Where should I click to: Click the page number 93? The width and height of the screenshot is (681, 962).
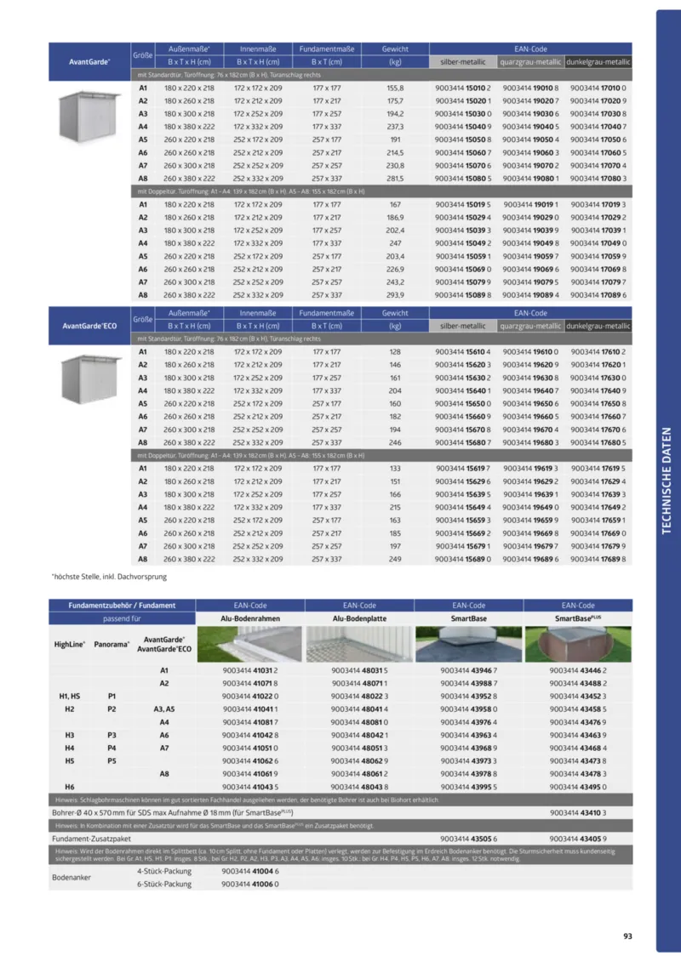pyautogui.click(x=627, y=936)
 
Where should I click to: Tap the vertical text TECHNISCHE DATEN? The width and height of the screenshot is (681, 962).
pyautogui.click(x=667, y=481)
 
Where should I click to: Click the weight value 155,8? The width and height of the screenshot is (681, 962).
pyautogui.click(x=395, y=88)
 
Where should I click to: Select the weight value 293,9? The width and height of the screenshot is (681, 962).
pyautogui.click(x=395, y=295)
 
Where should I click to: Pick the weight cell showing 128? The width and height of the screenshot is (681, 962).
pyautogui.click(x=395, y=351)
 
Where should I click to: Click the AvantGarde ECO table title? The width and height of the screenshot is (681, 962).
pyautogui.click(x=90, y=326)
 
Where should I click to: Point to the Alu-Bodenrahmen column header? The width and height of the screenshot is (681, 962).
pyautogui.click(x=251, y=618)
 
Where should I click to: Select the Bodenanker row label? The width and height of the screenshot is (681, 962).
pyautogui.click(x=72, y=877)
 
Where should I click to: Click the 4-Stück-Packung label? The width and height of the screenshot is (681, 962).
pyautogui.click(x=163, y=871)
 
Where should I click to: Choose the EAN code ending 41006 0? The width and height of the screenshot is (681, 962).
pyautogui.click(x=250, y=884)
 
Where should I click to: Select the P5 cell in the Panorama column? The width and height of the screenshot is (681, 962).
pyautogui.click(x=112, y=761)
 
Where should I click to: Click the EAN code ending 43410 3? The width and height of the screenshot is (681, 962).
pyautogui.click(x=577, y=812)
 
